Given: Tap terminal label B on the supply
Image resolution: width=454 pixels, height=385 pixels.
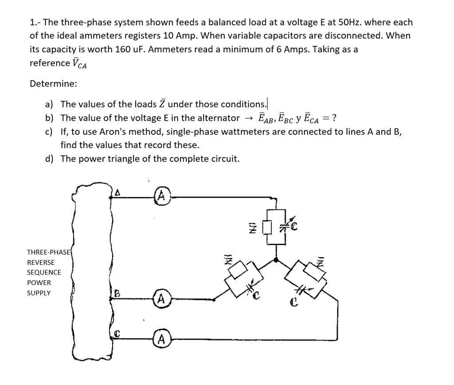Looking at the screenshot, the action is [117, 292].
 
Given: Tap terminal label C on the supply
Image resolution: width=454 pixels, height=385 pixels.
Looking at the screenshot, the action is [118, 333].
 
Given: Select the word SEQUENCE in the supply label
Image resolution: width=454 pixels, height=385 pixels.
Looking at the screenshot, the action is [44, 272].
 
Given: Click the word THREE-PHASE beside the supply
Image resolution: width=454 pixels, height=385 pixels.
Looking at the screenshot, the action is [49, 252].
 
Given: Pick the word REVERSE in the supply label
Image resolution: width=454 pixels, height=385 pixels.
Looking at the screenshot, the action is [41, 262].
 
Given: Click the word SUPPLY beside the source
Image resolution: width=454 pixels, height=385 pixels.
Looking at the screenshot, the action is [39, 293].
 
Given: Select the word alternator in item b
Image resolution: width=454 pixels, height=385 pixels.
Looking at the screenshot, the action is [218, 118].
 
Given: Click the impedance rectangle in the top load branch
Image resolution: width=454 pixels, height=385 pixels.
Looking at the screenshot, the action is [267, 228].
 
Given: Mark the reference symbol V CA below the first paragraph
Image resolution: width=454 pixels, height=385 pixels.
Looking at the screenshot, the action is [79, 63].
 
